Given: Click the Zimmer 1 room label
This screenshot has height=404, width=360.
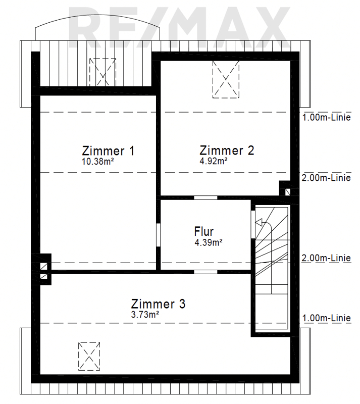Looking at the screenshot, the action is click(x=108, y=150).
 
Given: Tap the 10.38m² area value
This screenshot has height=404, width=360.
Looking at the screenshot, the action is click(x=98, y=162).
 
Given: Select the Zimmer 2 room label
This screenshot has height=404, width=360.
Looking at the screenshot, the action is click(x=227, y=150).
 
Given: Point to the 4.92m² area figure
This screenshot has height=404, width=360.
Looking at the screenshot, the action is click(x=214, y=161).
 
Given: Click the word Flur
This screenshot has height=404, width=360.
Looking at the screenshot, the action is click(x=204, y=231).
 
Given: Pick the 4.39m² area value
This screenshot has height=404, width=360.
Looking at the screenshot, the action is click(x=209, y=242).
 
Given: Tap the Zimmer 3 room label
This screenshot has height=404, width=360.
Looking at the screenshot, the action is click(x=158, y=304).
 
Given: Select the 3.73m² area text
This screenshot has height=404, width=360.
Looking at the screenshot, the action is click(x=145, y=315).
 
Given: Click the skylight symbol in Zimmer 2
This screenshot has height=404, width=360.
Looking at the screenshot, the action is click(x=226, y=79).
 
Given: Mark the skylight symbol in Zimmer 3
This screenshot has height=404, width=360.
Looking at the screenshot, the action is click(x=89, y=357).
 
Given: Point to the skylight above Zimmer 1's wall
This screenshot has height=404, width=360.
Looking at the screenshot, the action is click(x=102, y=72).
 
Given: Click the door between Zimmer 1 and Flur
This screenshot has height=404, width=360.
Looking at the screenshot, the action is click(x=159, y=235).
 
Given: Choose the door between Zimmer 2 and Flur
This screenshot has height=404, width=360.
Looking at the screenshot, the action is click(x=205, y=197).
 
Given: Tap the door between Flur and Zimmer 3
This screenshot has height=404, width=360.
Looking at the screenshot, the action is click(x=205, y=272).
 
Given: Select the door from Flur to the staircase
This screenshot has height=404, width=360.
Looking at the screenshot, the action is click(x=253, y=224).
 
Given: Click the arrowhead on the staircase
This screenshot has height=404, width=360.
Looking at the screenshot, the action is click(x=259, y=222).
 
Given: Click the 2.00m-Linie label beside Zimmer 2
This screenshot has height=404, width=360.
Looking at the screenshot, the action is click(x=326, y=178).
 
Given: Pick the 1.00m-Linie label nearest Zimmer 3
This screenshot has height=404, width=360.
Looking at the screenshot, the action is click(x=327, y=318).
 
